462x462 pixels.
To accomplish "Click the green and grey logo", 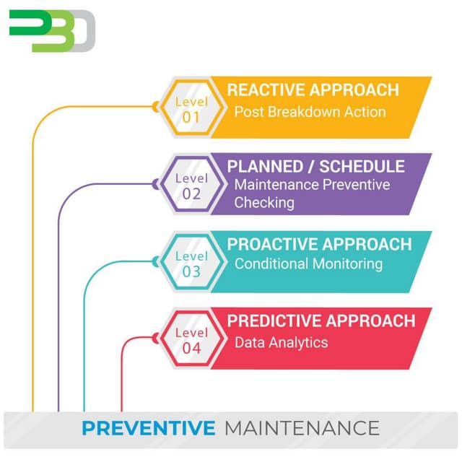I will pyautogui.click(x=52, y=30).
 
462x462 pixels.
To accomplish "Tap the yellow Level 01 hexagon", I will pyautogui.click(x=186, y=108).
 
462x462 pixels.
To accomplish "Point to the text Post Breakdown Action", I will pyautogui.click(x=310, y=112).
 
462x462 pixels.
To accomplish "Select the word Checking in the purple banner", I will pyautogui.click(x=264, y=203).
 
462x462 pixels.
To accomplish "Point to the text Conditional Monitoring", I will pyautogui.click(x=308, y=264).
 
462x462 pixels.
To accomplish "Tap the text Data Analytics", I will pyautogui.click(x=281, y=342).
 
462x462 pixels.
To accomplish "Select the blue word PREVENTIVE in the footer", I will pyautogui.click(x=148, y=428).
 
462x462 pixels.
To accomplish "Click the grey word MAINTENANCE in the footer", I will pyautogui.click(x=302, y=428).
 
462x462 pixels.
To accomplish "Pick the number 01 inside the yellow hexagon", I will pyautogui.click(x=191, y=118).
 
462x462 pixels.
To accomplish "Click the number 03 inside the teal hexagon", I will pyautogui.click(x=191, y=272).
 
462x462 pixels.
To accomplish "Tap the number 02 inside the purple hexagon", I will pyautogui.click(x=191, y=194).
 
